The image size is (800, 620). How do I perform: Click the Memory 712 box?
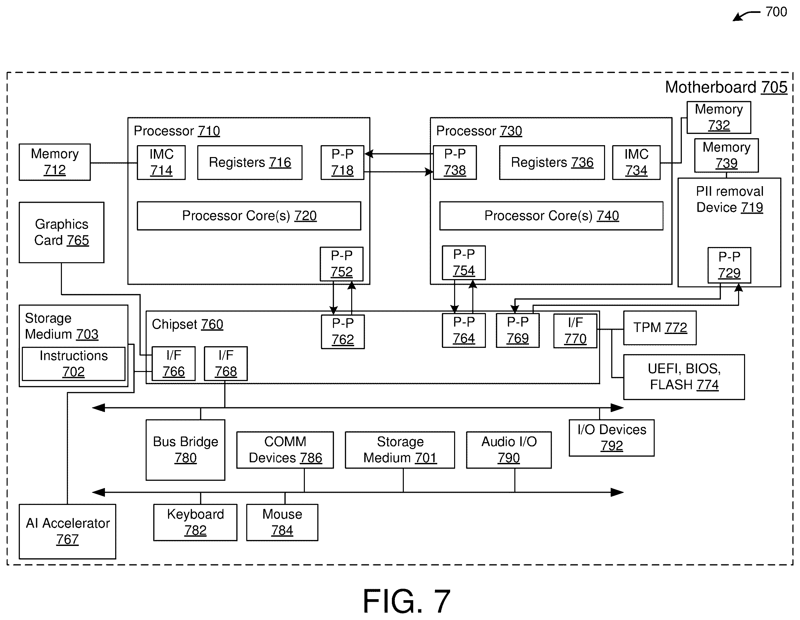(55, 162)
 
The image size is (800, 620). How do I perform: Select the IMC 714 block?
(161, 162)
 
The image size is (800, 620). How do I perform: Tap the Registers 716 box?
(250, 162)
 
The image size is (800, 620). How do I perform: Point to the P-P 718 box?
(343, 162)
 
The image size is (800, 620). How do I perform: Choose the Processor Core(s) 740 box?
(551, 216)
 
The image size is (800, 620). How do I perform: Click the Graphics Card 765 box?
(62, 232)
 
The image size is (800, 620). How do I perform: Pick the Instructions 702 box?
(73, 364)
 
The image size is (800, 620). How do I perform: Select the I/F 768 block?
(226, 364)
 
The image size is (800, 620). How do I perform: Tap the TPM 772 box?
(660, 328)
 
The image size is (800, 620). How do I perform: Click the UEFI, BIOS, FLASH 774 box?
(684, 377)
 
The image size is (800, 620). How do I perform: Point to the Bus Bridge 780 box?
(185, 450)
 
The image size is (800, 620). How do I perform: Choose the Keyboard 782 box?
(195, 522)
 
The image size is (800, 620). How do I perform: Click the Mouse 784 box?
(282, 522)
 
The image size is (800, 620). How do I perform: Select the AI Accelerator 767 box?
(68, 531)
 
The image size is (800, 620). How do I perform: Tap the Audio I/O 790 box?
(509, 450)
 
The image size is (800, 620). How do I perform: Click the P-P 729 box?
(729, 265)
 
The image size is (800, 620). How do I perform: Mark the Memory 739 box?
(727, 155)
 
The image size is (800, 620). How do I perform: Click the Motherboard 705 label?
(726, 87)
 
